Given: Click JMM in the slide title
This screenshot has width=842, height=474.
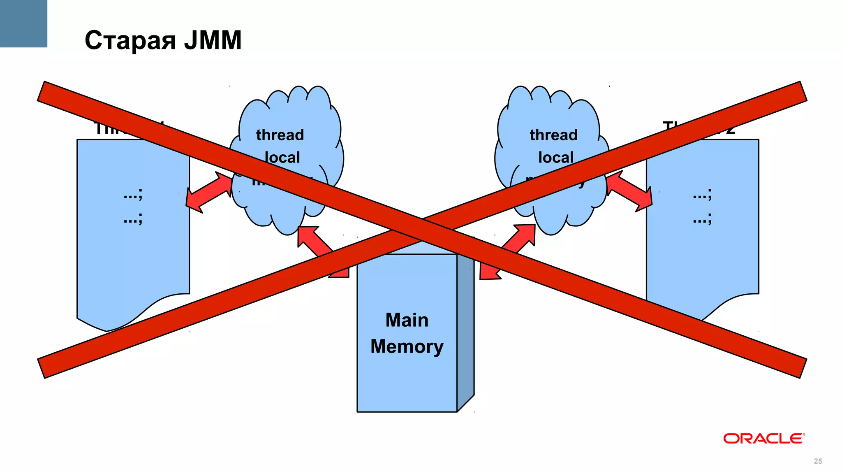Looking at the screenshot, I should pos(213,40).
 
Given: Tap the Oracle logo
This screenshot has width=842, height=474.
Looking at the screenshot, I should pos(763,439).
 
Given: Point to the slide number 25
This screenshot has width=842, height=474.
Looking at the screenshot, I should pos(818,461).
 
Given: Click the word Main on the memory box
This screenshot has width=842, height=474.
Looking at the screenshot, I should pos(407,320).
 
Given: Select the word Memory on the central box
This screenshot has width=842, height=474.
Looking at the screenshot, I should pos(407,346).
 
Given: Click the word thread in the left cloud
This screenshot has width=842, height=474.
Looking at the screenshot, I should pos(280,135).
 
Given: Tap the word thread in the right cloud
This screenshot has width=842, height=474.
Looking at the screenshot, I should pos(553,135).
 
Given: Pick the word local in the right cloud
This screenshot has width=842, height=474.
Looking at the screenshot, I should pos(555,157).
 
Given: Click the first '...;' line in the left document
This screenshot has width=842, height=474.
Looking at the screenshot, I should pos(133,194).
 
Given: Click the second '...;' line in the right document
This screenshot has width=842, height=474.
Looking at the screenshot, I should pos(702,219).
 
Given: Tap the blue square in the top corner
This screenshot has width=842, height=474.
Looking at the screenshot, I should pos(23,23).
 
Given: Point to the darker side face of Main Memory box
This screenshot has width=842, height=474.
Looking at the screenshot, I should pos(465,329).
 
